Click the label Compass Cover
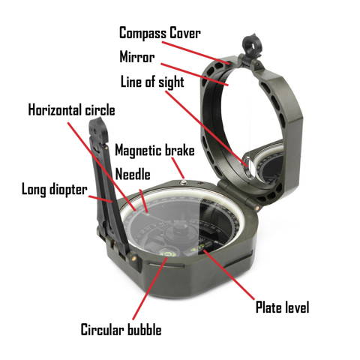(160, 33)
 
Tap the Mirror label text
(137, 57)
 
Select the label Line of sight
(152, 82)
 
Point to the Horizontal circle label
(71, 110)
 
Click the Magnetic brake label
(154, 151)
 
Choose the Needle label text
(133, 174)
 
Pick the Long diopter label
(55, 189)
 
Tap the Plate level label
(282, 307)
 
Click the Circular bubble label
(121, 329)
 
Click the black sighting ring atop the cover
(251, 45)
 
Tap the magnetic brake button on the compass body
(184, 183)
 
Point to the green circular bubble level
(169, 253)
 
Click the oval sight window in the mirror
(249, 166)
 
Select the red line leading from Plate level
(229, 274)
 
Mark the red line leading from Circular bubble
(150, 289)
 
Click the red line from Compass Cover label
(196, 52)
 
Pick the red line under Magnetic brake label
(178, 168)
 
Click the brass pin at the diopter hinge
(133, 258)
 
